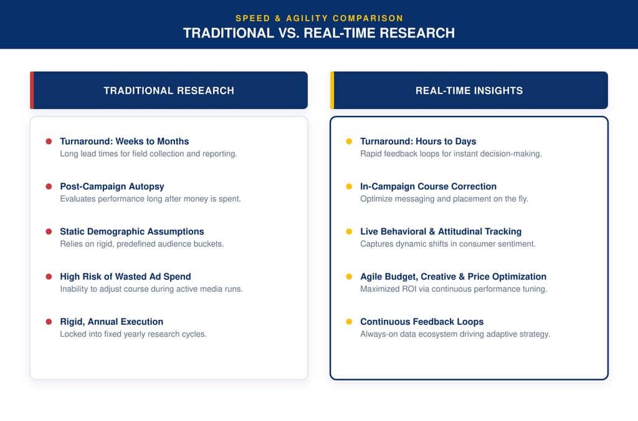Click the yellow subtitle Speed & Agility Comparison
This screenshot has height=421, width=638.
(319, 18)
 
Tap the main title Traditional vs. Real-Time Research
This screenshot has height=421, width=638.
(319, 33)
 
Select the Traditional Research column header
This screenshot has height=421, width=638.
(169, 90)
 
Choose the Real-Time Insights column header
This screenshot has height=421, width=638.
(469, 90)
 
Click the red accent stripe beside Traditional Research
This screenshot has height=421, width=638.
(32, 90)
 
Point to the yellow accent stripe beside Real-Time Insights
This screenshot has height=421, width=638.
(332, 90)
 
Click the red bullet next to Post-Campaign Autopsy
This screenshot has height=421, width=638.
(49, 186)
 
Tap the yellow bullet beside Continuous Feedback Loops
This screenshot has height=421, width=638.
(349, 322)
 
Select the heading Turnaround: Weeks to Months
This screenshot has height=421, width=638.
(125, 142)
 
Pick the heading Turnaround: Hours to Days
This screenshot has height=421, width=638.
(418, 142)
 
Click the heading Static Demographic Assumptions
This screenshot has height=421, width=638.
(132, 231)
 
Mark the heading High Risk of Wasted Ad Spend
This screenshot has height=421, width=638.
(125, 276)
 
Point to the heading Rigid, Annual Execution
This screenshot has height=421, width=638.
(112, 322)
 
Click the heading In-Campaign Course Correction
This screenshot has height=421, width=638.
(429, 186)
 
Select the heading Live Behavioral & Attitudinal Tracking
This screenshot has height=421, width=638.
(440, 231)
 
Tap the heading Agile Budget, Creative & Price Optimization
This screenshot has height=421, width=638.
(454, 276)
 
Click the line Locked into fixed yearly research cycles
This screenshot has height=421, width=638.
(133, 334)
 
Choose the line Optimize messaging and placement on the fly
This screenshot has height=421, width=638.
(444, 199)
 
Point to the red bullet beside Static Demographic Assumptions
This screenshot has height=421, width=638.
(49, 231)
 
